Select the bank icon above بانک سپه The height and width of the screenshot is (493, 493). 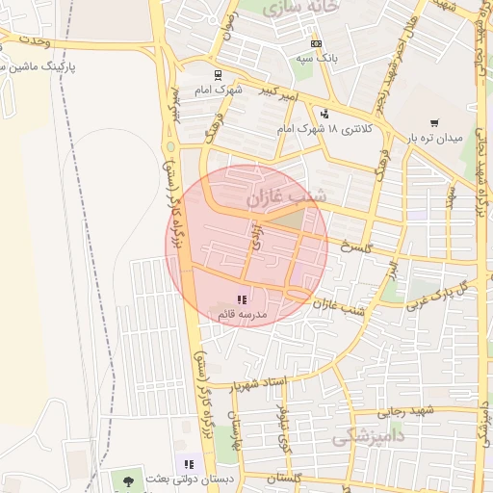317,44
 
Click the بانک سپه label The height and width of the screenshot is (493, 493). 316,58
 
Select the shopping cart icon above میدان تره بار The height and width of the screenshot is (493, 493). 435,122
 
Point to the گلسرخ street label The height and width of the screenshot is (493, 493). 355,246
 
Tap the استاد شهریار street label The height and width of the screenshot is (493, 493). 259,384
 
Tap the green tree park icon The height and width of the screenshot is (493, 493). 126,479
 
